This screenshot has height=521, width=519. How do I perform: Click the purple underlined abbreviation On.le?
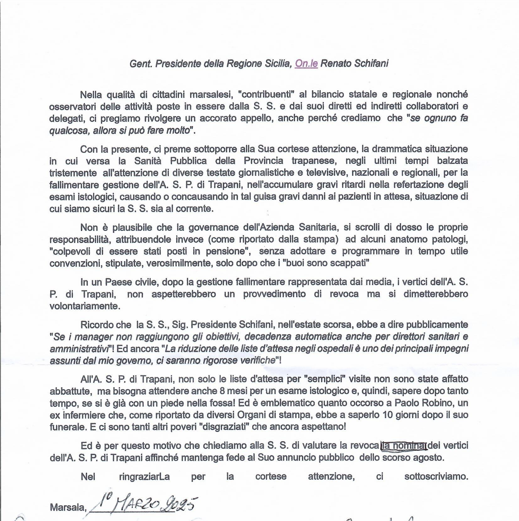tap(306, 64)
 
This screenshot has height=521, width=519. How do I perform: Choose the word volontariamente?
tap(84, 306)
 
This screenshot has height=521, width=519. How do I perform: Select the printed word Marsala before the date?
tap(67, 508)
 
